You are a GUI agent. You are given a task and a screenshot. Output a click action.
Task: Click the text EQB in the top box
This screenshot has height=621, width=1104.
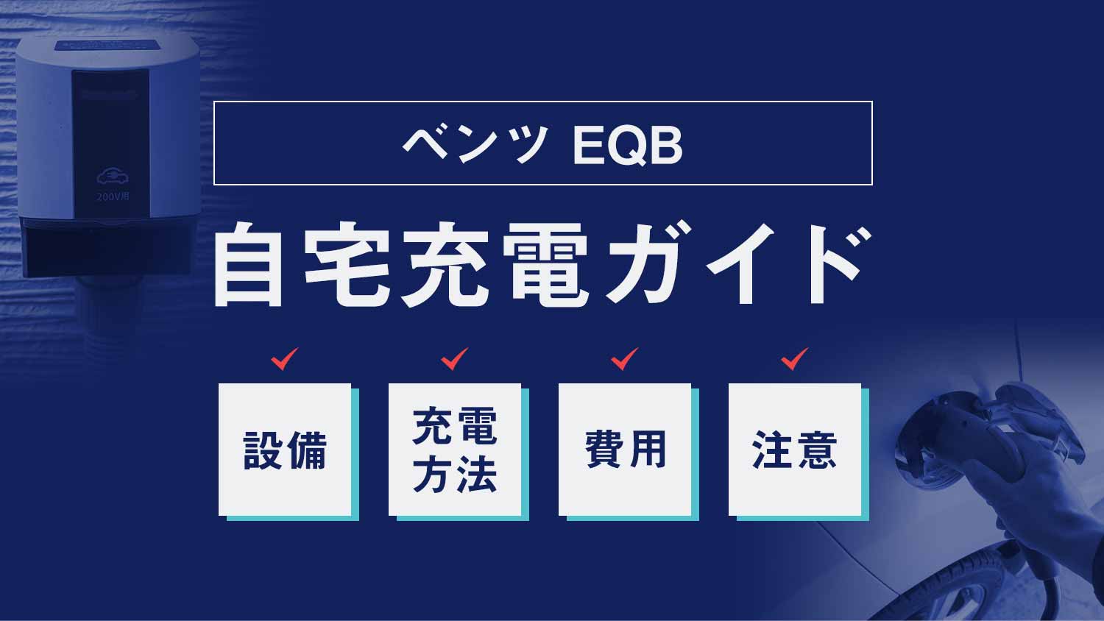pyautogui.click(x=627, y=145)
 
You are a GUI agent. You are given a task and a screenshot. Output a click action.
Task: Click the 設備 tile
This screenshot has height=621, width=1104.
pyautogui.click(x=285, y=450)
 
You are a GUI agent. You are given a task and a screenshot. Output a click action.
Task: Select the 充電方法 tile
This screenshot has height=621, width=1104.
pyautogui.click(x=455, y=450)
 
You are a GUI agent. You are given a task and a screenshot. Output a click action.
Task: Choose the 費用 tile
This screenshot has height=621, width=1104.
pyautogui.click(x=625, y=450)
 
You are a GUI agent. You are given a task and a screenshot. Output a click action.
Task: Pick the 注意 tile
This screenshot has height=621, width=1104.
pyautogui.click(x=795, y=450)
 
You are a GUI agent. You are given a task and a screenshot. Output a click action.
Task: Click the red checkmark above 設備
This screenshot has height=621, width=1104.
pyautogui.click(x=284, y=359)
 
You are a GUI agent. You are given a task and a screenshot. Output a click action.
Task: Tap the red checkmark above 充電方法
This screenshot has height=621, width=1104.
pyautogui.click(x=454, y=359)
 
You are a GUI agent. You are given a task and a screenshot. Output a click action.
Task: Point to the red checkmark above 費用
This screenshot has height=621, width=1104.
pyautogui.click(x=624, y=359)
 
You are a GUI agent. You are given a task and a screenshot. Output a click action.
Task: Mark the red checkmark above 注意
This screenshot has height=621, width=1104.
pyautogui.click(x=794, y=359)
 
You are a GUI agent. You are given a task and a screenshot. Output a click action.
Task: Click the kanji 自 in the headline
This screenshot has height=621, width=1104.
pyautogui.click(x=249, y=264)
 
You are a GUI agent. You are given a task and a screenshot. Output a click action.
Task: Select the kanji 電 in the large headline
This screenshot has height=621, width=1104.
pyautogui.click(x=545, y=264)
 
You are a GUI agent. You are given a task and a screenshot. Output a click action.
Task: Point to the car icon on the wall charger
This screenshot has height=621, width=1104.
pyautogui.click(x=113, y=177)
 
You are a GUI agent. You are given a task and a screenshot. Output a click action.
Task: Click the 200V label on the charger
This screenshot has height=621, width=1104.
pyautogui.click(x=113, y=196)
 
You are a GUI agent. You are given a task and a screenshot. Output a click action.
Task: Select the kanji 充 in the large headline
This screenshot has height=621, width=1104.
pyautogui.click(x=445, y=264)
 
